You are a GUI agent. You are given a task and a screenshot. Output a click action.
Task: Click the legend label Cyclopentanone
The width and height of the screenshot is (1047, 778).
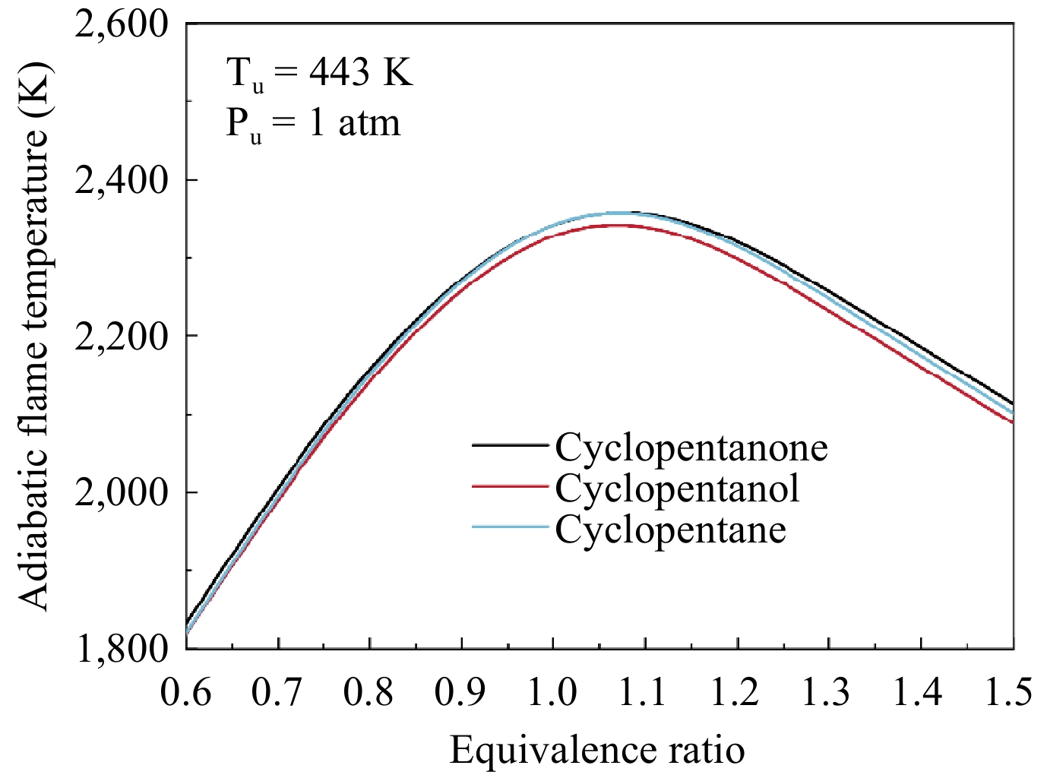[691, 448]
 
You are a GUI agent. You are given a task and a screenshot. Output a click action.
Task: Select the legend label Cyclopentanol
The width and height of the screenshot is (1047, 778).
[677, 488]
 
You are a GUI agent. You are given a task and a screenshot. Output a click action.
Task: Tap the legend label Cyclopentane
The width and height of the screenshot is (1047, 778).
[670, 529]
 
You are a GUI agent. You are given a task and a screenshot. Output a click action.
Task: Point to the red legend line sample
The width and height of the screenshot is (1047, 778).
[510, 485]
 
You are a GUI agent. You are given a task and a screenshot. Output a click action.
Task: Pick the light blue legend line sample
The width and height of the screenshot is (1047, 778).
[510, 527]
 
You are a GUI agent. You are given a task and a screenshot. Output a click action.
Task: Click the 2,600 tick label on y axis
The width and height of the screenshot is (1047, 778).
[122, 24]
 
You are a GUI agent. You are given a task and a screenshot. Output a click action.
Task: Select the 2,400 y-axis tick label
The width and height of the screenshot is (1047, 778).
[122, 181]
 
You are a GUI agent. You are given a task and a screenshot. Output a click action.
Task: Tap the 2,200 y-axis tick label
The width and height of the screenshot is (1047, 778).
[122, 337]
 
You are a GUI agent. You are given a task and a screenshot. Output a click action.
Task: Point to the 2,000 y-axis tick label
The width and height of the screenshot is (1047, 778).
[122, 493]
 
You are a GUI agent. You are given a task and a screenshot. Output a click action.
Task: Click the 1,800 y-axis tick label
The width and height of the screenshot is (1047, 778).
[122, 648]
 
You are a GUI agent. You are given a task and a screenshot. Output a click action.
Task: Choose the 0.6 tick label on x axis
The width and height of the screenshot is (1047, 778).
[186, 692]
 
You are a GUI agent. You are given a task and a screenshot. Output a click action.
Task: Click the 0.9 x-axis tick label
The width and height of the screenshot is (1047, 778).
[460, 692]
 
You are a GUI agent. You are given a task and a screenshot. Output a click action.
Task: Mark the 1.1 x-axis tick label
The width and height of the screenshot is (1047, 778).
[644, 692]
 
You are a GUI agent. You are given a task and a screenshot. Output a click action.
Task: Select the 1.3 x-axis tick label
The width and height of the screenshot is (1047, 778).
[827, 692]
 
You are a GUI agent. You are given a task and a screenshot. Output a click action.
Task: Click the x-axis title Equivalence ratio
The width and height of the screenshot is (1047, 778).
[597, 751]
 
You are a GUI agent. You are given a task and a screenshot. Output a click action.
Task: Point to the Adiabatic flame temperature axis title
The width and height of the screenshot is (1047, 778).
[34, 334]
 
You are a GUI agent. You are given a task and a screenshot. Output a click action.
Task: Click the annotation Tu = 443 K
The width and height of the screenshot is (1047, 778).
[320, 74]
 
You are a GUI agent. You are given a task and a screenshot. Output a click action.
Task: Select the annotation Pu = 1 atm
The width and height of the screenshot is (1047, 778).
[313, 123]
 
